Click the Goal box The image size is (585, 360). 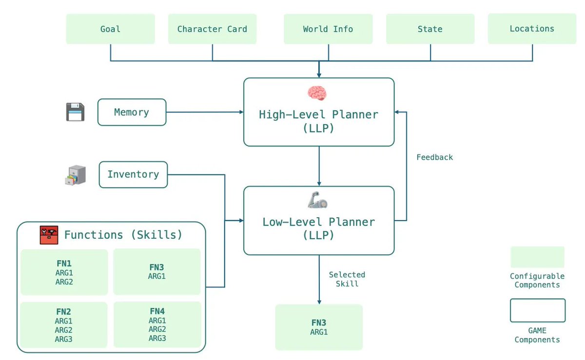pos(110,29)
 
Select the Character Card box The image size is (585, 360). pos(212,29)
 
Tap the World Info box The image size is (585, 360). pos(328,29)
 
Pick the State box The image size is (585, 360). pos(430,29)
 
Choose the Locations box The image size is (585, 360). pos(532,28)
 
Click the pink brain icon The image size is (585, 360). pos(317,93)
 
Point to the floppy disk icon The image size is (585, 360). pos(75,112)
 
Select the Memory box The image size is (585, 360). pos(132,112)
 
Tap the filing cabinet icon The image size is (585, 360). pos(76,175)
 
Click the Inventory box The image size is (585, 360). pos(133,174)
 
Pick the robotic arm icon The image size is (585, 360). pos(317,200)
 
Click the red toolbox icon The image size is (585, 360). pos(49,235)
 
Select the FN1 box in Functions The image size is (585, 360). pos(64,272)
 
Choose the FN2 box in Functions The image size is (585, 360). pos(64,325)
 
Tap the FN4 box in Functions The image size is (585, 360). pos(157,324)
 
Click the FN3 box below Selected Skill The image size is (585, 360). pos(319,327)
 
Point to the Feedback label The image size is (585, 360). pos(434,157)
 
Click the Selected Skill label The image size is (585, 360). pos(347,279)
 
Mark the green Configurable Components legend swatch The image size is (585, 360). pos(537,257)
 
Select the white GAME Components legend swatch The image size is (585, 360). pos(538,310)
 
